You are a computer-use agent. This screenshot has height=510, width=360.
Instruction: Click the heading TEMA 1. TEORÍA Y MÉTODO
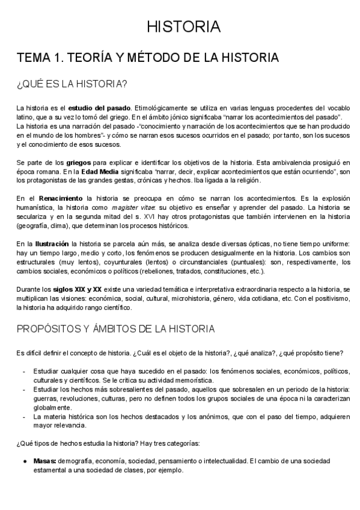[x=147, y=58]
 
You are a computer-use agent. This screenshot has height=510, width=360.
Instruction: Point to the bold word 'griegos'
[x=78, y=162]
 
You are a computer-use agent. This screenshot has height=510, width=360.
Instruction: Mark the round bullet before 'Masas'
[x=25, y=461]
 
